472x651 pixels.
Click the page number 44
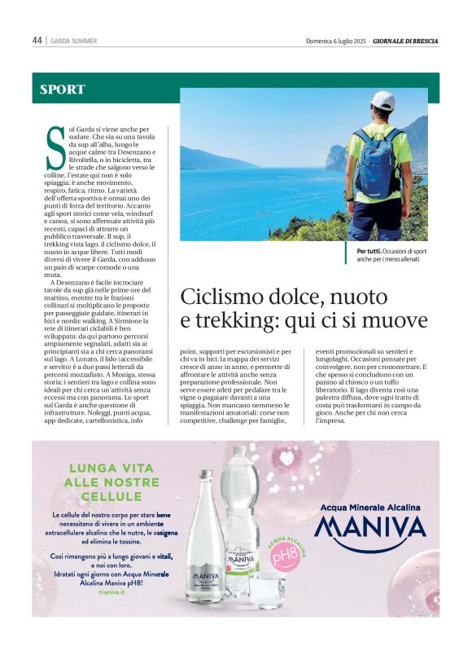tap(37, 40)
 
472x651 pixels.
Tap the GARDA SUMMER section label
tap(74, 41)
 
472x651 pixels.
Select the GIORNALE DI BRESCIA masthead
tap(405, 41)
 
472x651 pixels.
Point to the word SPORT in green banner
tap(63, 90)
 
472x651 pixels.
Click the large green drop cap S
tap(55, 147)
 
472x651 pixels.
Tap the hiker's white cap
tap(382, 100)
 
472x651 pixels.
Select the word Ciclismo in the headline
tap(217, 296)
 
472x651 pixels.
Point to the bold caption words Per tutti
tap(370, 252)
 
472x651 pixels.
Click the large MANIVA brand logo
tap(370, 530)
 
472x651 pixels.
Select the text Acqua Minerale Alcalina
tap(370, 507)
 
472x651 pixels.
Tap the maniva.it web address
tap(111, 593)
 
